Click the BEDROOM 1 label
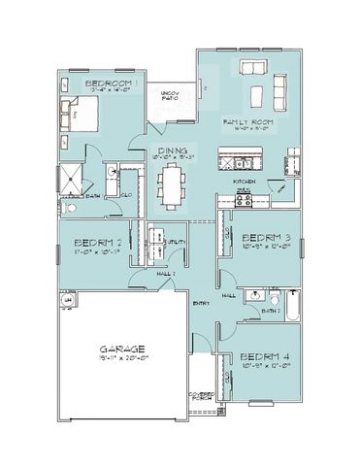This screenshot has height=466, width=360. (x=113, y=84)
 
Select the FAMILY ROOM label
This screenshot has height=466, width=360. (x=247, y=123)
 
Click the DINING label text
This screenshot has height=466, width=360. (x=173, y=150)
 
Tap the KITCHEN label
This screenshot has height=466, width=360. (x=244, y=182)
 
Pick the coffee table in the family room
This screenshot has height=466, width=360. (x=257, y=95)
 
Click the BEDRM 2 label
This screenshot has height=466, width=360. (x=97, y=243)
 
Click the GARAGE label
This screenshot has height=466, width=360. (x=123, y=348)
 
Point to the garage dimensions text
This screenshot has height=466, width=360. (x=123, y=358)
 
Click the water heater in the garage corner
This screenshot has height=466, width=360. (x=67, y=301)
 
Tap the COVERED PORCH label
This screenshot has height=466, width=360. (x=201, y=397)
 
